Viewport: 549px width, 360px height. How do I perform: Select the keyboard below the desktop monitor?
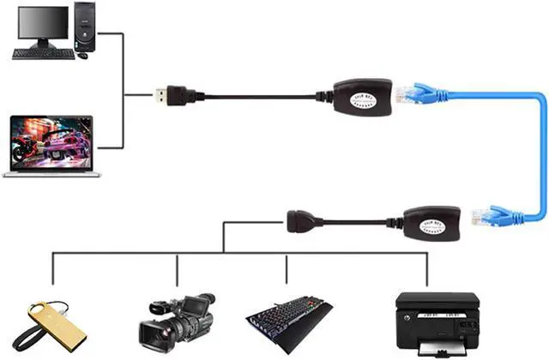[x=43, y=52]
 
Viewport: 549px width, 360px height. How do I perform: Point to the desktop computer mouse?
[x=82, y=56]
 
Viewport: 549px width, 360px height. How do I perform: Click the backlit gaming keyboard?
[x=288, y=321]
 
